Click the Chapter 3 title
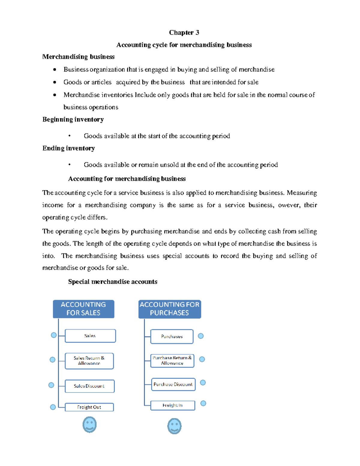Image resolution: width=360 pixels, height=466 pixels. [x=184, y=32]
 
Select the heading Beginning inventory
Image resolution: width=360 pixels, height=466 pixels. [x=73, y=119]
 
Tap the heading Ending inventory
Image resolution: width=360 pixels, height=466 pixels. [x=68, y=148]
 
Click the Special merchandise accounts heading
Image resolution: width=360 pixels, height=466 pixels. [x=112, y=282]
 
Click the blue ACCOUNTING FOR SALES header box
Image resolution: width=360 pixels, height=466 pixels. [x=83, y=309]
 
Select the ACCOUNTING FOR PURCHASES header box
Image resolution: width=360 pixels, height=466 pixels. [x=169, y=309]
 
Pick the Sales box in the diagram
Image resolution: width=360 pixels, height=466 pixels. [x=90, y=336]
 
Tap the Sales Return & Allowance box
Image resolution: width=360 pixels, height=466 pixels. [x=89, y=361]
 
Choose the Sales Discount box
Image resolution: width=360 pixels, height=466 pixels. [x=89, y=386]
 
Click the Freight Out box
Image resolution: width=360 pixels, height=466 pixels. [x=89, y=407]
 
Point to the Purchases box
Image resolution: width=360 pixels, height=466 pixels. [x=172, y=336]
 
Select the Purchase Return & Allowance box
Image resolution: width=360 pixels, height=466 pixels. [x=172, y=360]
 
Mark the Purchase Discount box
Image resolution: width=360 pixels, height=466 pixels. [x=173, y=384]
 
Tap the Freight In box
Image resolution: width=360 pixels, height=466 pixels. [x=172, y=405]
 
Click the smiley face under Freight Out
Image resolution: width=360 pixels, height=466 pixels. [x=89, y=425]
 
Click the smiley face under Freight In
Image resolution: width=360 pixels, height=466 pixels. [x=174, y=426]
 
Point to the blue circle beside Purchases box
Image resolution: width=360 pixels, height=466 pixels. [x=201, y=336]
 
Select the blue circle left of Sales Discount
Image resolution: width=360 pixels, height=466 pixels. [x=51, y=385]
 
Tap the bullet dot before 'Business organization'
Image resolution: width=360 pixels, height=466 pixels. [x=55, y=70]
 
